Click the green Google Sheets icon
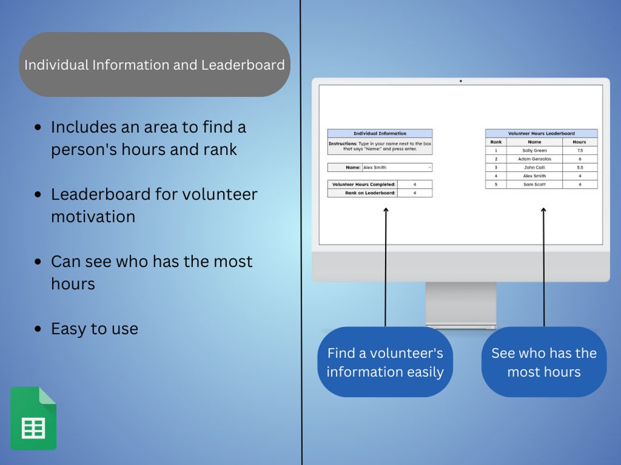click(33, 418)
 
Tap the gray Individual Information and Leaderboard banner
click(154, 65)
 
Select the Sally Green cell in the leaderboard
click(534, 151)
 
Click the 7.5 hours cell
click(580, 151)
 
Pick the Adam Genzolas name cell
click(534, 159)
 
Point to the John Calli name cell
click(534, 168)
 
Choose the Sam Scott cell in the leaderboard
click(534, 184)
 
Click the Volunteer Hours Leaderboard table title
click(541, 133)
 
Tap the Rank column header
click(496, 142)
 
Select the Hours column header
click(580, 142)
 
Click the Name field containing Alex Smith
click(397, 168)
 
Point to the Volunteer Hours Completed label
click(363, 184)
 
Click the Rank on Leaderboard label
click(363, 193)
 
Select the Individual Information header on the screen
click(380, 133)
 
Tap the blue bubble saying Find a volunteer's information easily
click(385, 362)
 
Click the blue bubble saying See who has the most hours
click(544, 362)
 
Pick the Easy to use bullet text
click(94, 328)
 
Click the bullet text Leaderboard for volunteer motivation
click(154, 205)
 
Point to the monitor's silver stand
click(460, 305)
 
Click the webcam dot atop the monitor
click(460, 81)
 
